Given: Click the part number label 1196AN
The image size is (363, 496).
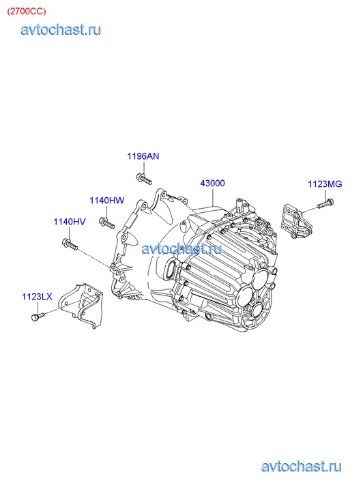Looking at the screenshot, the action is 143,156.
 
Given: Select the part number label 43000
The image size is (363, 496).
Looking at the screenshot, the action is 213,183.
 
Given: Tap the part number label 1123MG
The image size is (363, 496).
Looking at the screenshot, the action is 325,184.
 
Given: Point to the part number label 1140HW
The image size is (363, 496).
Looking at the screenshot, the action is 106,200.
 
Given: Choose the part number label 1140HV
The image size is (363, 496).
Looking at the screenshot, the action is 70,222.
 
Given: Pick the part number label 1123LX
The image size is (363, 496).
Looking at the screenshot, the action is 37,297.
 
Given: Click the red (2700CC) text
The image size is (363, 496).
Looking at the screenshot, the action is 27,11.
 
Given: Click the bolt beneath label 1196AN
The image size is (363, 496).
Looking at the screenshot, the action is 144,178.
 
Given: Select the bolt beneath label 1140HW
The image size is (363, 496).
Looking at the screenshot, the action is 106,222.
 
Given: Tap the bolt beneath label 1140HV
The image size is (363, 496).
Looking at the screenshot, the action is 70,244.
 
